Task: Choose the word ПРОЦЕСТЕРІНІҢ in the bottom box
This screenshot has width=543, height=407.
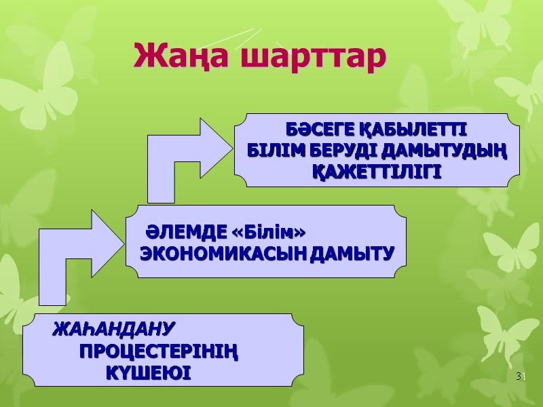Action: coord(160,352)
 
